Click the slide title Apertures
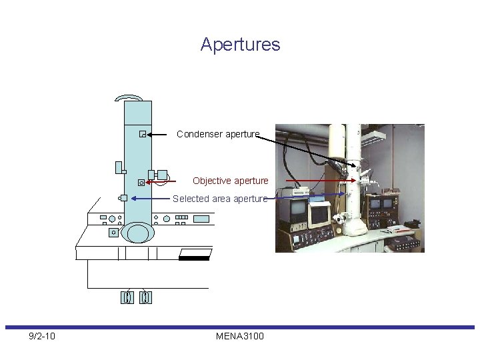240,45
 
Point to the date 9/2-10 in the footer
42,336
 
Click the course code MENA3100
240,336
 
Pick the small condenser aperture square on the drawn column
142,134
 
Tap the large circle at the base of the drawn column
138,233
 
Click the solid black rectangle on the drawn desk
194,257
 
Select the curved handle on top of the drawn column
131,97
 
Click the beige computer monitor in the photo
321,213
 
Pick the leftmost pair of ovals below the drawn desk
127,297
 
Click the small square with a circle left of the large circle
113,233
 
